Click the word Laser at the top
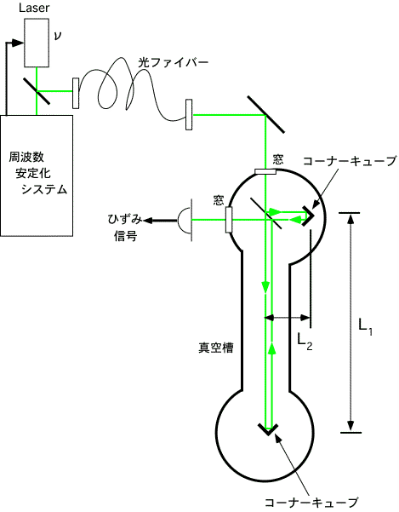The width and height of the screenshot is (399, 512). pyautogui.click(x=34, y=8)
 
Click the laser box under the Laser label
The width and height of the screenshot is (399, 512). pyautogui.click(x=37, y=43)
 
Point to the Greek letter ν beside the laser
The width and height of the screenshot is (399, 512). pyautogui.click(x=57, y=36)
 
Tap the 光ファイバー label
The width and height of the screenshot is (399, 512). pyautogui.click(x=173, y=62)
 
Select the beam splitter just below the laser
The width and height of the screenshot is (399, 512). pyautogui.click(x=37, y=91)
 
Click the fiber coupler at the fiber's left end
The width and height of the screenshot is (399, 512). pyautogui.click(x=76, y=93)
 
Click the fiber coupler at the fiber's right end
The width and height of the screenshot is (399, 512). pyautogui.click(x=189, y=115)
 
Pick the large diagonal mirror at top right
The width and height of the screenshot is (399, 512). pyautogui.click(x=265, y=114)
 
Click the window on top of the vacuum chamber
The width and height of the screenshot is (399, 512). pyautogui.click(x=265, y=172)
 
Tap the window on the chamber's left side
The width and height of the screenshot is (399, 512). pyautogui.click(x=229, y=220)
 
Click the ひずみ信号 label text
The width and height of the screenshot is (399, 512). pyautogui.click(x=125, y=227)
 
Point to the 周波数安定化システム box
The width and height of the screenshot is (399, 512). pyautogui.click(x=37, y=175)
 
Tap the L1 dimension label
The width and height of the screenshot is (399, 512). pyautogui.click(x=365, y=326)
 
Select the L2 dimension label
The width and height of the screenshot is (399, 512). pyautogui.click(x=305, y=342)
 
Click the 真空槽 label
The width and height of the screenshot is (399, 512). pyautogui.click(x=216, y=348)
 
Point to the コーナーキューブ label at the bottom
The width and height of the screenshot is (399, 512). pyautogui.click(x=311, y=503)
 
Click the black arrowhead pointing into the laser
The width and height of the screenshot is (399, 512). pyautogui.click(x=18, y=43)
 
